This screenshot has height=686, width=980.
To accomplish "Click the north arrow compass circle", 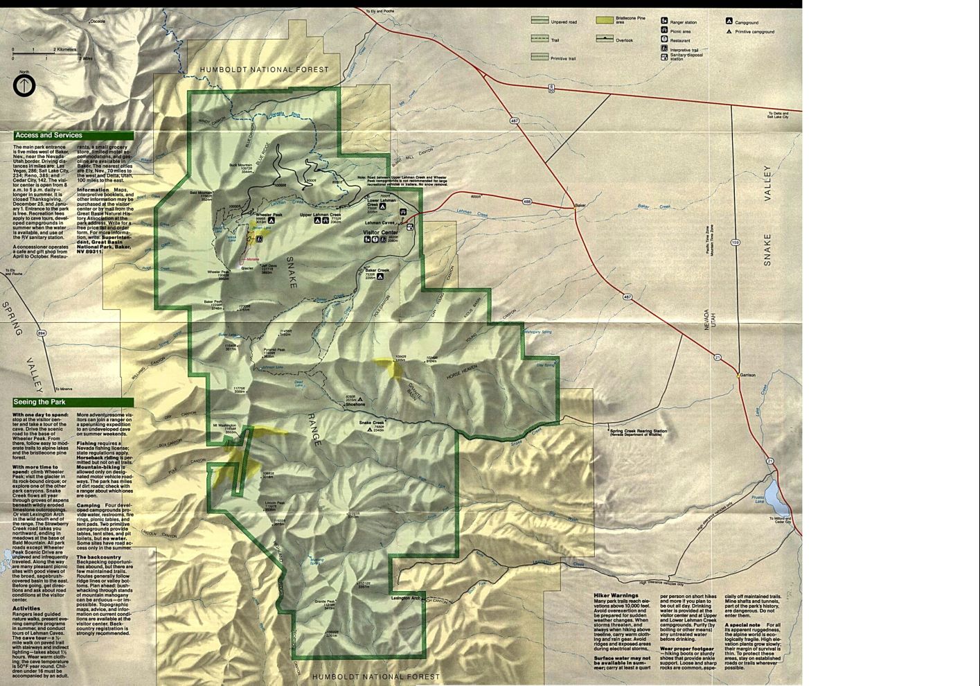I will (x=24, y=87).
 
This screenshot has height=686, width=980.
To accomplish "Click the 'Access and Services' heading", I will (x=48, y=136).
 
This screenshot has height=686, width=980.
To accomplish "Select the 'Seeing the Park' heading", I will (x=40, y=402).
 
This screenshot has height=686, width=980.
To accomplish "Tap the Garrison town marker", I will (x=738, y=375).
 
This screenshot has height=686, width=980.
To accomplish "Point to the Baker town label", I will (x=580, y=206).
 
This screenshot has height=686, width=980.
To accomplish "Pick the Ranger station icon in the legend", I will (x=664, y=21).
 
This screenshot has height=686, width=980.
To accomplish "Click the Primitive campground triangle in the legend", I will (x=729, y=31).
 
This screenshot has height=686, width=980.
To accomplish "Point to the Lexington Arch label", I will (x=406, y=597).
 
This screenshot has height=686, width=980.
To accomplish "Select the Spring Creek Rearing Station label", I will (x=639, y=432).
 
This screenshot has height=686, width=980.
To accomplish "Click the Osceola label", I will (x=98, y=21).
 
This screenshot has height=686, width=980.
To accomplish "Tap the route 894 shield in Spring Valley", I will (x=42, y=334).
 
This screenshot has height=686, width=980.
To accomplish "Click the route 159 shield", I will (x=736, y=243).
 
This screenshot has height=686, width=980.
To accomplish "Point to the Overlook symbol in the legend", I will (x=605, y=39).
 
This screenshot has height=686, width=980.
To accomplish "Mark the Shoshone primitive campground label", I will (x=355, y=404).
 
